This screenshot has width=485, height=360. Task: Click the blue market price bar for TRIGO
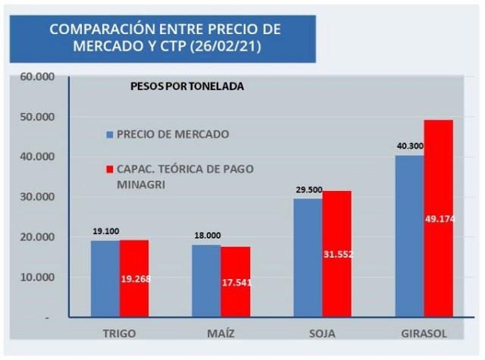105,278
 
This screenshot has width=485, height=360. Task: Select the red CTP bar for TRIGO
134,278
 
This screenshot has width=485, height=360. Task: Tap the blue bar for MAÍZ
205,280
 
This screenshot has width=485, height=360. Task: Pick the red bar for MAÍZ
235,281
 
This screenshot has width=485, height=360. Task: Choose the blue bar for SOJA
308,258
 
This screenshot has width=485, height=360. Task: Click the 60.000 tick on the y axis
37,77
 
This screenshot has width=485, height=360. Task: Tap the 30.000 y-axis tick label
37,197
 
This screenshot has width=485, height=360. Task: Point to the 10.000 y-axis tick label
37,277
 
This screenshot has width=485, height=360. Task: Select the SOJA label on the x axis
322,333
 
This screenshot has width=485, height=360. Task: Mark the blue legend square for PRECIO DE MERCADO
110,135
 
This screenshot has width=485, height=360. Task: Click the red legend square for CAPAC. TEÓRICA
110,169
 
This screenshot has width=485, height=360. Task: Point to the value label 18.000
205,236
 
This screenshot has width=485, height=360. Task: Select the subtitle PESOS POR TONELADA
187,86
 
